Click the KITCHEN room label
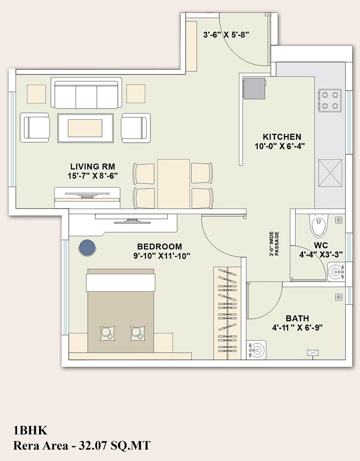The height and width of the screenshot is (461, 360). [282, 137]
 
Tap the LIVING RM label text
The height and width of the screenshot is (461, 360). [93, 167]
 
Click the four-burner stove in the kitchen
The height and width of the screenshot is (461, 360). [330, 100]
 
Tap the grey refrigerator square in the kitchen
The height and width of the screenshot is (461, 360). [255, 88]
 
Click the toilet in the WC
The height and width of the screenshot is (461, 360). [317, 226]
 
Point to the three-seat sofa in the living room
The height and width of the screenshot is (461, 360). [86, 94]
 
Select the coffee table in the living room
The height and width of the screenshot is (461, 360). [85, 128]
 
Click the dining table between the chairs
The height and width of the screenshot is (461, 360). [173, 183]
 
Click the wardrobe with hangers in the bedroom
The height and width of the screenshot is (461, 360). [227, 313]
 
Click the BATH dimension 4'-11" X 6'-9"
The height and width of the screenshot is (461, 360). [297, 327]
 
